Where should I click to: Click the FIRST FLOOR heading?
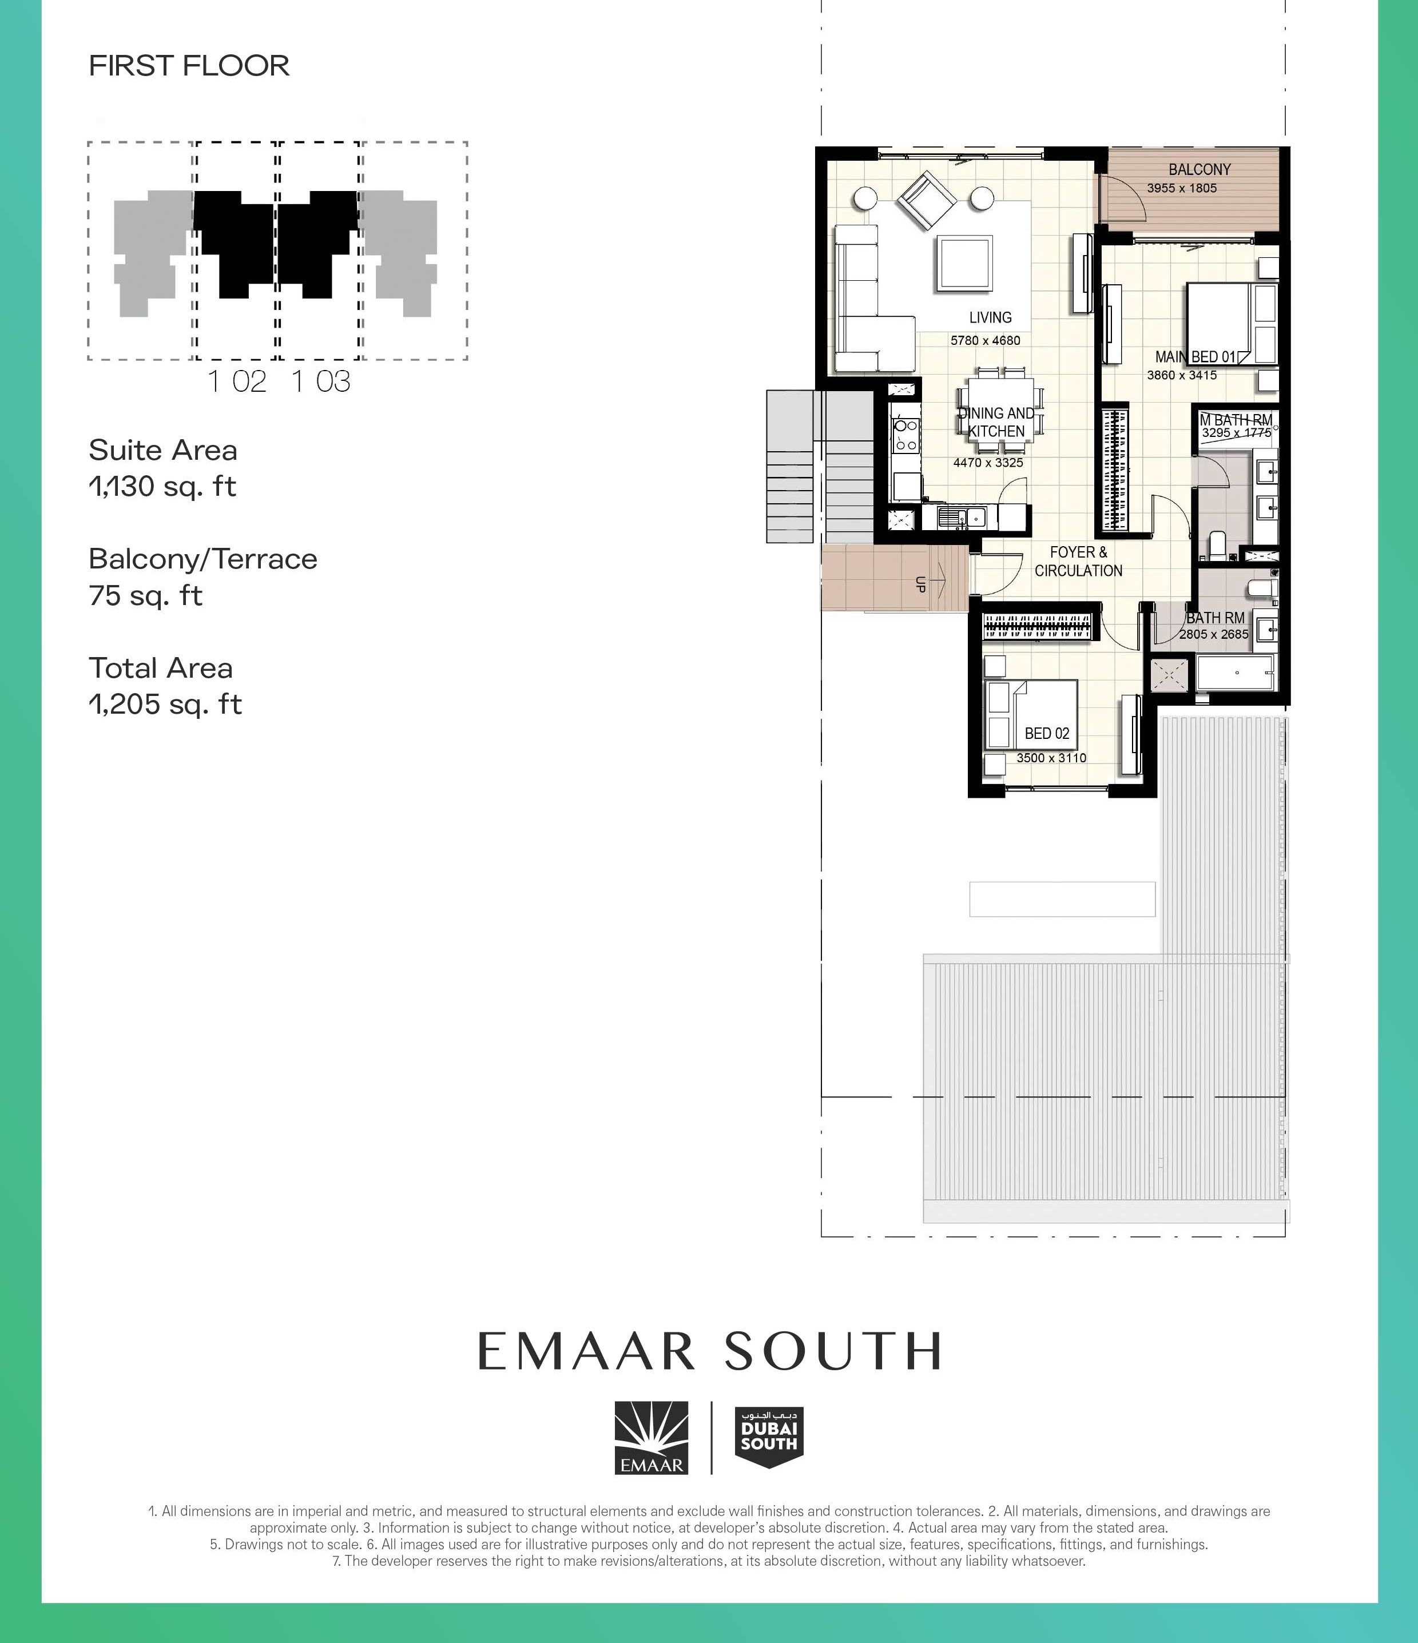point(189,66)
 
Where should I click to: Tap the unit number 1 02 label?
point(236,381)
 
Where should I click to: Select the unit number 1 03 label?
point(320,381)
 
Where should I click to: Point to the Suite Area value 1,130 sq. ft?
point(162,486)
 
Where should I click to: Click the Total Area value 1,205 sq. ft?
point(165,704)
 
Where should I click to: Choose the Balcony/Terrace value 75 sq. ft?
point(146,595)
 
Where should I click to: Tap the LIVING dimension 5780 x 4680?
point(985,341)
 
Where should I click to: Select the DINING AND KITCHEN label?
point(997,422)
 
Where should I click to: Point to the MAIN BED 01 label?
point(1194,357)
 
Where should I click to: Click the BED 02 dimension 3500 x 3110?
point(1051,758)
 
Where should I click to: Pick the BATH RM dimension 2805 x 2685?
point(1213,634)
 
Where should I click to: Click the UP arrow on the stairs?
point(939,584)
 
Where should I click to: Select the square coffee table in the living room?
point(964,263)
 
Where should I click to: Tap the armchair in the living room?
point(926,201)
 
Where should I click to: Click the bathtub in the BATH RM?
point(1236,673)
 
